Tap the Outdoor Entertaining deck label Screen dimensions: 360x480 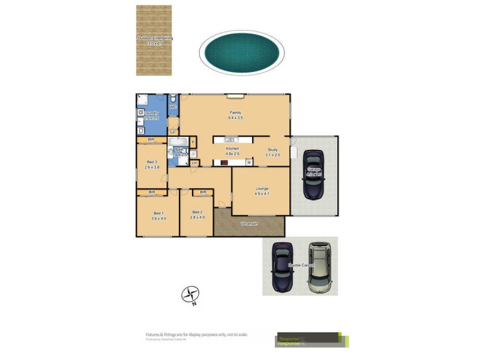click(155, 40)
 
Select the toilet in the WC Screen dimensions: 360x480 click(173, 98)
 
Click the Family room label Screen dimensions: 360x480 click(235, 115)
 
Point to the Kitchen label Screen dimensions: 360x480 click(232, 151)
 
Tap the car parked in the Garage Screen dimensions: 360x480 click(314, 174)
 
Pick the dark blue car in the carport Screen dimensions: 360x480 click(282, 266)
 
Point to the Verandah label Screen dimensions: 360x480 click(249, 224)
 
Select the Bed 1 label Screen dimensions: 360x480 click(158, 215)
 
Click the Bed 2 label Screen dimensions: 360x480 click(197, 214)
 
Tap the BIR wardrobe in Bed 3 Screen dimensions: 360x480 click(152, 140)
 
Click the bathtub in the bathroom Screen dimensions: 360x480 click(178, 142)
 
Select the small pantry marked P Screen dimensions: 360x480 click(193, 142)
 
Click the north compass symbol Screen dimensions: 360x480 click(191, 295)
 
